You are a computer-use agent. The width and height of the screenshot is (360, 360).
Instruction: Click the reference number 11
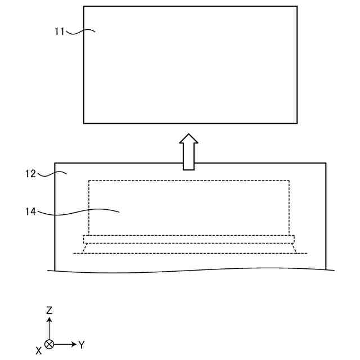coord(60,31)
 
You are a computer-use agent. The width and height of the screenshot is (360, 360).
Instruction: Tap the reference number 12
coord(31,174)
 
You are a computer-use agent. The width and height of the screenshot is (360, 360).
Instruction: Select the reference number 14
coord(31,211)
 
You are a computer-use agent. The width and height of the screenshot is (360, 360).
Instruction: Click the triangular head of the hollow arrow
coord(189,138)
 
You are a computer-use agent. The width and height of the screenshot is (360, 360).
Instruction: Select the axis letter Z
coord(49,310)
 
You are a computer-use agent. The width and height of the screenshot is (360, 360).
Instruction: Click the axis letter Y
coord(82,344)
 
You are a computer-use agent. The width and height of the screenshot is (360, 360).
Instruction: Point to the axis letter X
coord(38,350)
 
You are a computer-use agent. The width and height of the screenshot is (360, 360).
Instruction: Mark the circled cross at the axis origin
coord(49,344)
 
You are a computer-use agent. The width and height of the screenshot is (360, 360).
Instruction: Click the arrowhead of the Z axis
coord(49,319)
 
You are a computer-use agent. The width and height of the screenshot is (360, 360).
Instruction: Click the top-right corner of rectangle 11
coord(297,6)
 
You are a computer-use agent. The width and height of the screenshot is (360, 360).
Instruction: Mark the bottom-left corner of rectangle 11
coord(84,123)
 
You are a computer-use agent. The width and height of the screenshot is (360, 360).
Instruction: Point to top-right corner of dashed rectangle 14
coord(289,180)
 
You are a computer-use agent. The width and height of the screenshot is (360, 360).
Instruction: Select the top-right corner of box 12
coord(326,163)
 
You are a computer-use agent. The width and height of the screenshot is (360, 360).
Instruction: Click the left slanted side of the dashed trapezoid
coord(84,248)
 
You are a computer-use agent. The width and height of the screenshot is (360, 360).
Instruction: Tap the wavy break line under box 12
coord(191,272)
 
